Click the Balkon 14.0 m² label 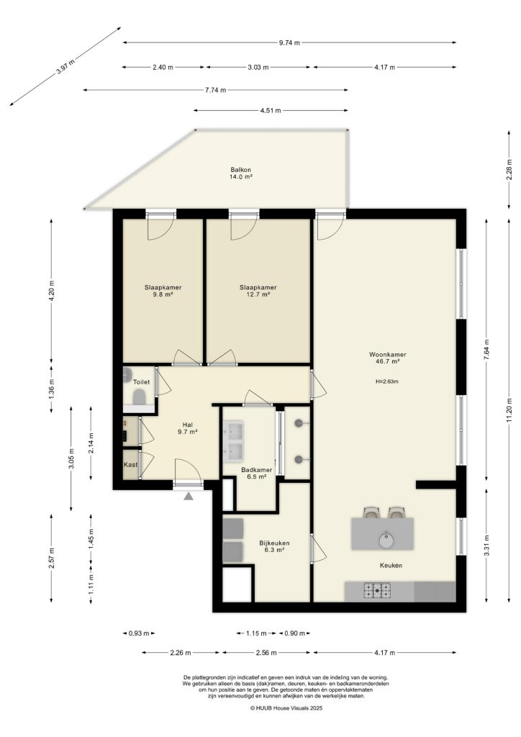coord(240,173)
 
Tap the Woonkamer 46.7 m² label coord(388,358)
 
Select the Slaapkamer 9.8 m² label coord(163,291)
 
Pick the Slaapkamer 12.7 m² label coord(258,291)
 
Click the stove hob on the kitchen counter coord(379,591)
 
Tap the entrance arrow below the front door coord(189,495)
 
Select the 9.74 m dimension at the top coord(289,43)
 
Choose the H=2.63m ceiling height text coord(387,381)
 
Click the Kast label coord(130,465)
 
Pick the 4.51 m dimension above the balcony coord(271,111)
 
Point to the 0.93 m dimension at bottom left coord(140,633)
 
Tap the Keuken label coord(391,566)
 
